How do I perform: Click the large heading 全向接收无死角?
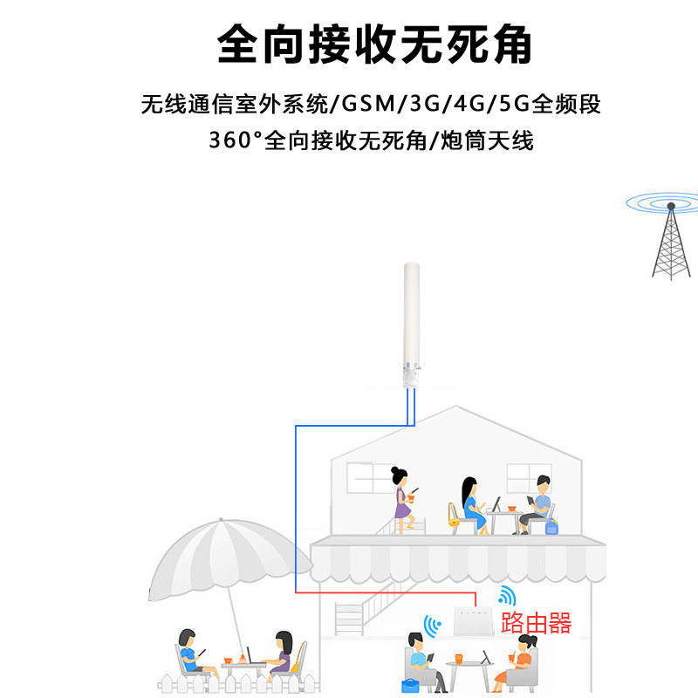click(374, 44)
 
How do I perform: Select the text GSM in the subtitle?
click(368, 104)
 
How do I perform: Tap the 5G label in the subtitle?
click(514, 104)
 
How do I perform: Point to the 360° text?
click(236, 140)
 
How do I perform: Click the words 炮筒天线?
click(487, 140)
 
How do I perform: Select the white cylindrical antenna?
click(411, 325)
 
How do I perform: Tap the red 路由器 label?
click(536, 622)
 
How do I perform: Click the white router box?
click(473, 621)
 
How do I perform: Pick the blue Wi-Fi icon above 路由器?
click(508, 595)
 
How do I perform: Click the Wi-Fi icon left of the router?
click(432, 625)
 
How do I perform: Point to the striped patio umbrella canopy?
click(229, 557)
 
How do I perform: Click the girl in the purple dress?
click(403, 500)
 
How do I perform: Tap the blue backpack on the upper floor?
click(551, 527)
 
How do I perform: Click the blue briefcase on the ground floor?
click(410, 686)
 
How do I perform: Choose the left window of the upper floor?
click(370, 477)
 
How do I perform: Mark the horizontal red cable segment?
click(386, 592)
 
